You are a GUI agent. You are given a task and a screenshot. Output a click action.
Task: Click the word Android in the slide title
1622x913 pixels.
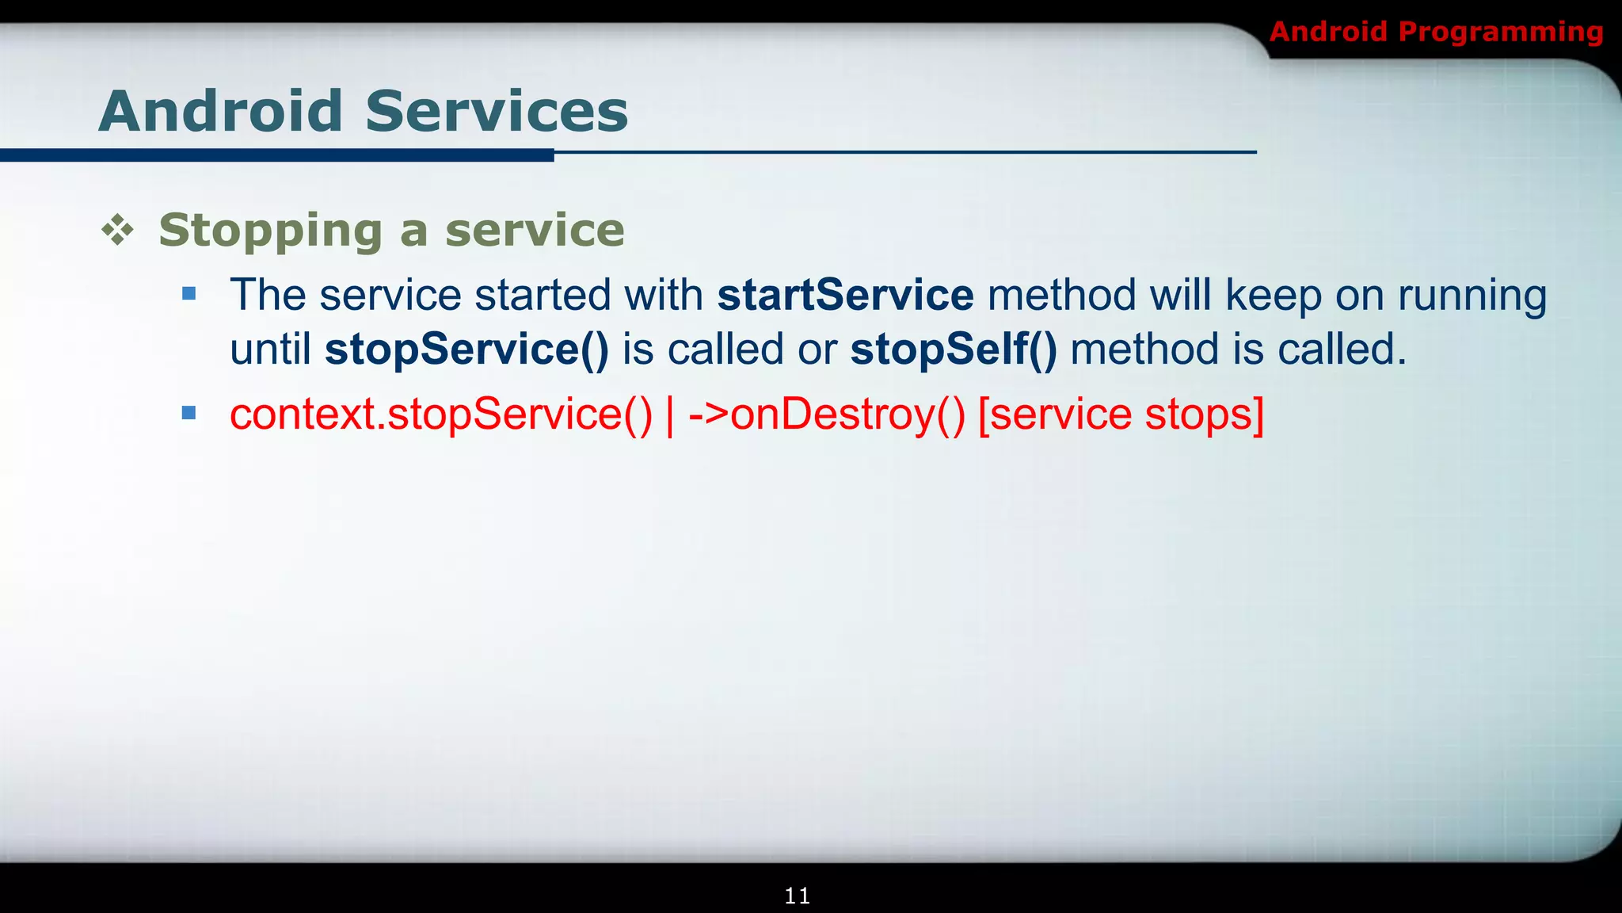coord(220,111)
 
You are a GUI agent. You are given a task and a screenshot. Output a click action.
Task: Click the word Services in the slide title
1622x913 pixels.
coord(497,111)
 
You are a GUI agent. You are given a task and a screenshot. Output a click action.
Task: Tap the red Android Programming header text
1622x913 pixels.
coord(1436,32)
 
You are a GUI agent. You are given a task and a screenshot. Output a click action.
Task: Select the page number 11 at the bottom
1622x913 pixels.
coord(797,896)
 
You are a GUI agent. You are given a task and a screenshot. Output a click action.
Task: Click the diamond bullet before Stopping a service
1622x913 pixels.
coord(118,231)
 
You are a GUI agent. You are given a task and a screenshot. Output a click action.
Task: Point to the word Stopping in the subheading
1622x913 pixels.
coord(270,231)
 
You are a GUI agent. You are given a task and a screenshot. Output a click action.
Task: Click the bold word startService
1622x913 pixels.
coord(845,295)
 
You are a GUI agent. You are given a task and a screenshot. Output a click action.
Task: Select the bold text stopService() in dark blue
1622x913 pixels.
coord(466,350)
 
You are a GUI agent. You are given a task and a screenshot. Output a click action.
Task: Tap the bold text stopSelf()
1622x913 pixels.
coord(954,350)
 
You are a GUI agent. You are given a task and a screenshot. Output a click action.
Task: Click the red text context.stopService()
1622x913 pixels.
coord(440,414)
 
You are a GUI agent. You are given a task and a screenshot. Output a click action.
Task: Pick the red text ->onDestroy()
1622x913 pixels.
coord(827,414)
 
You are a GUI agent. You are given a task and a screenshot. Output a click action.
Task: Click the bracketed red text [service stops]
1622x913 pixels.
coord(1121,414)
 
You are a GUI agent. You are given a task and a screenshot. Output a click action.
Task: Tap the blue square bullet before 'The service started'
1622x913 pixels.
coord(188,295)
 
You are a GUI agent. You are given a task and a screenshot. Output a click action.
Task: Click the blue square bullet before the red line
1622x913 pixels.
coord(188,413)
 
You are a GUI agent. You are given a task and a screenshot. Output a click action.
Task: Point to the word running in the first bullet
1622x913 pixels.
coord(1472,296)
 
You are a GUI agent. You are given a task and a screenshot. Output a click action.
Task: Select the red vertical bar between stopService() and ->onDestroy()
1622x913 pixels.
coord(670,414)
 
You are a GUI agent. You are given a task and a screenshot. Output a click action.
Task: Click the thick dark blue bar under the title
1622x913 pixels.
coord(276,155)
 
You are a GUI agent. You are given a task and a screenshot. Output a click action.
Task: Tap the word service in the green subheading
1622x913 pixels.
coord(535,231)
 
